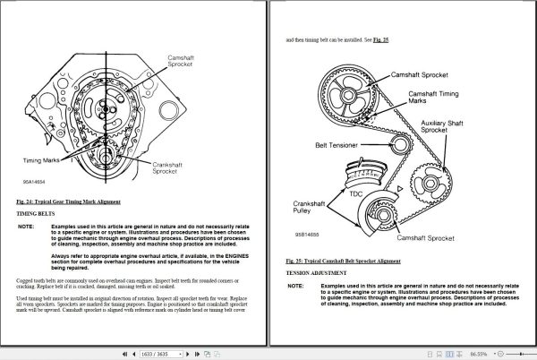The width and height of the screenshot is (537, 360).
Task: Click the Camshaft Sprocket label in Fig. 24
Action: [185, 62]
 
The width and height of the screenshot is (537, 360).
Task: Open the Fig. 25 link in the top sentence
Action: [382, 39]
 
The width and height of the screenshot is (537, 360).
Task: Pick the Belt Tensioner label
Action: [336, 144]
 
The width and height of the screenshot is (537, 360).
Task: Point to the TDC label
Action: [355, 192]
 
